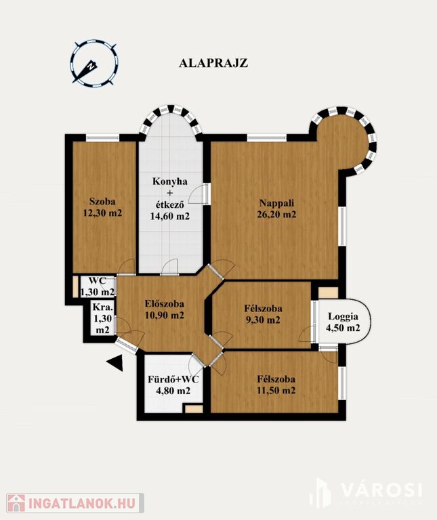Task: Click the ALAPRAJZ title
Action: tap(213, 63)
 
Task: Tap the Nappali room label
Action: tap(276, 202)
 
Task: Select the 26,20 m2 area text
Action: tap(276, 214)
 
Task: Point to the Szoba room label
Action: tap(102, 201)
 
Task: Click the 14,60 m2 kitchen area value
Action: tap(170, 216)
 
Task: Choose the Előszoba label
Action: tap(164, 303)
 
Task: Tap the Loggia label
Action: tap(343, 317)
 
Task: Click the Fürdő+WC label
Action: tap(173, 379)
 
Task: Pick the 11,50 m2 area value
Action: tap(276, 390)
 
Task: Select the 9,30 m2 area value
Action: tap(263, 320)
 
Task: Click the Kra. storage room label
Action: tap(102, 307)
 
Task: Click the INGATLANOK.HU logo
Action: tap(75, 503)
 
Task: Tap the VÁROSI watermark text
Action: tap(382, 490)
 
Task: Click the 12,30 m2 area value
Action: tap(102, 213)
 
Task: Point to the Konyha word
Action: tap(170, 181)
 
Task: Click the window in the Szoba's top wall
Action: tap(102, 137)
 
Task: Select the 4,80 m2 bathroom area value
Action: tap(173, 391)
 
